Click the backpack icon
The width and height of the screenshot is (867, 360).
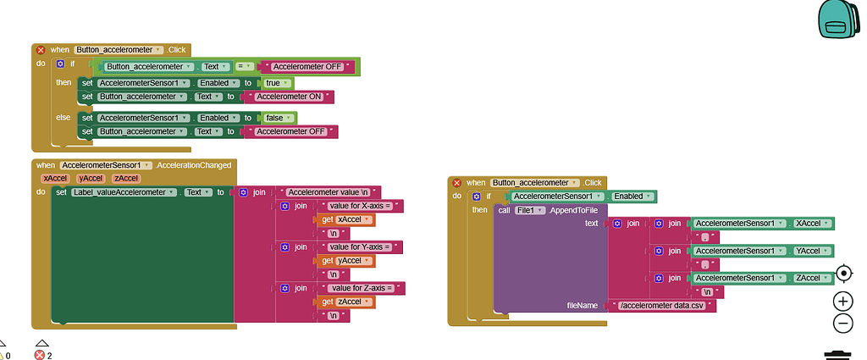tap(837, 19)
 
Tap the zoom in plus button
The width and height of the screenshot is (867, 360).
tap(842, 301)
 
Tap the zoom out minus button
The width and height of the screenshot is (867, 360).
tap(842, 323)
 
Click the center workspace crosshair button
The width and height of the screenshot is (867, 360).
tap(843, 273)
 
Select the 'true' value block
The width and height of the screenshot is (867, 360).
tap(276, 83)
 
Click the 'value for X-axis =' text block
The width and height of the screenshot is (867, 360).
tap(359, 206)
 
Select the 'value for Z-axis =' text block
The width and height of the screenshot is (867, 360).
tap(359, 288)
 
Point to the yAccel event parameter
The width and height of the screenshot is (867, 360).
tap(90, 178)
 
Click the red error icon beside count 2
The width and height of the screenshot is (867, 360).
tap(39, 355)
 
